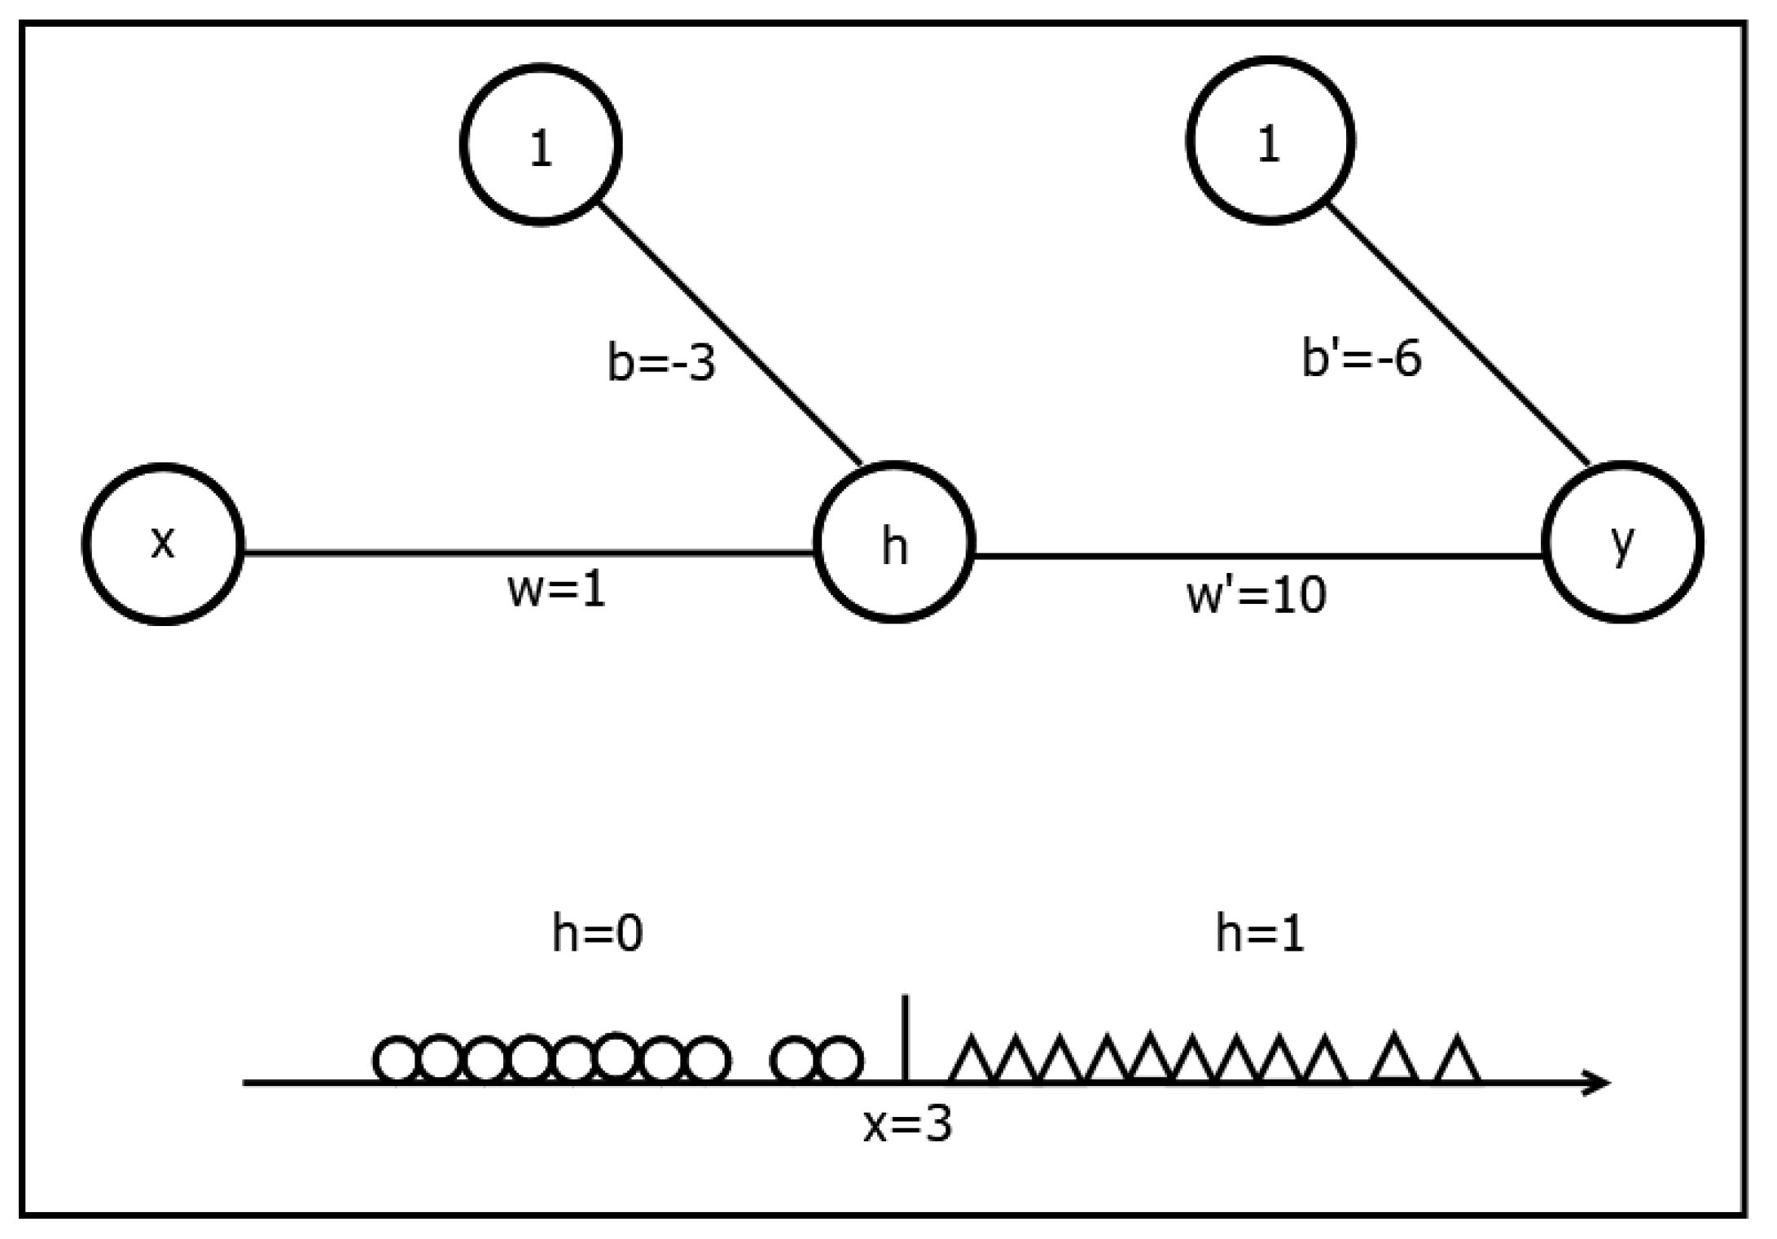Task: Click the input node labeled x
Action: coord(163,544)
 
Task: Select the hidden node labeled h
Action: coord(894,543)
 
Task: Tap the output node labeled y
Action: coord(1622,542)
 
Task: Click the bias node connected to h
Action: coord(541,143)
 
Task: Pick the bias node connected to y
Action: coord(1270,140)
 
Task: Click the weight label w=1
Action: coord(557,589)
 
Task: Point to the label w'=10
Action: coord(1257,595)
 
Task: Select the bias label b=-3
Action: coord(660,362)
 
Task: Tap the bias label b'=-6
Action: coord(1362,358)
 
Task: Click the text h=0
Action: coord(597,933)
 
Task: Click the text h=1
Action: coord(1259,933)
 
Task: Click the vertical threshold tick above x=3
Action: coord(906,1034)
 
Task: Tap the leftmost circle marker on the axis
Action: coord(396,1060)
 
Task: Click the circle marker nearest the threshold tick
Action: coord(840,1060)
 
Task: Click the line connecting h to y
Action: coord(1257,557)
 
